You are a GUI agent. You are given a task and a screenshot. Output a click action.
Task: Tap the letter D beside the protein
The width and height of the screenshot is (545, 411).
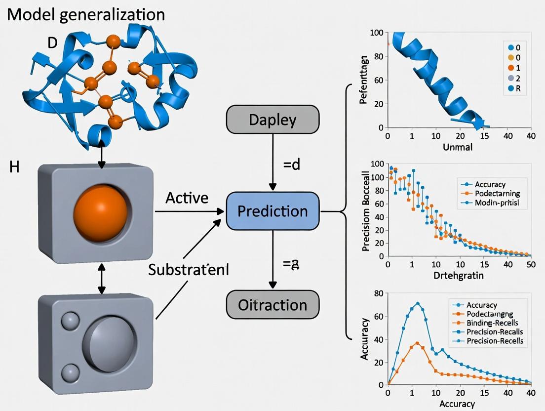point(52,43)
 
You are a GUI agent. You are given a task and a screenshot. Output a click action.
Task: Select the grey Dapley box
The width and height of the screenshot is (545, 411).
point(272,120)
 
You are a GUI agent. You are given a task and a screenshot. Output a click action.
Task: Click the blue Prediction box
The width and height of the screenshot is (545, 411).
point(272,211)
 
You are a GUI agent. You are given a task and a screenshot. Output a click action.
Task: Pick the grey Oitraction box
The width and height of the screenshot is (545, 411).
point(272,304)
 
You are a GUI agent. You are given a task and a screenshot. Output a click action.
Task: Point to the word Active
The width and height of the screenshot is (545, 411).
point(187,198)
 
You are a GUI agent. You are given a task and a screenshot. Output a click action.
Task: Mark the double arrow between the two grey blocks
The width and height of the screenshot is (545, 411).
point(101,279)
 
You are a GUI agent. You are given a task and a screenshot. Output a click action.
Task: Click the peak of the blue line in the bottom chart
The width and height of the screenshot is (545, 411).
point(418,303)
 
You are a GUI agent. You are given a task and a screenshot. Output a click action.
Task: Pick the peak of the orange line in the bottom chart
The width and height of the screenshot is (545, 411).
point(418,343)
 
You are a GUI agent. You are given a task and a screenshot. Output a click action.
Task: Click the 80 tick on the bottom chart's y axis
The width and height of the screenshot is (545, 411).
point(379,293)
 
